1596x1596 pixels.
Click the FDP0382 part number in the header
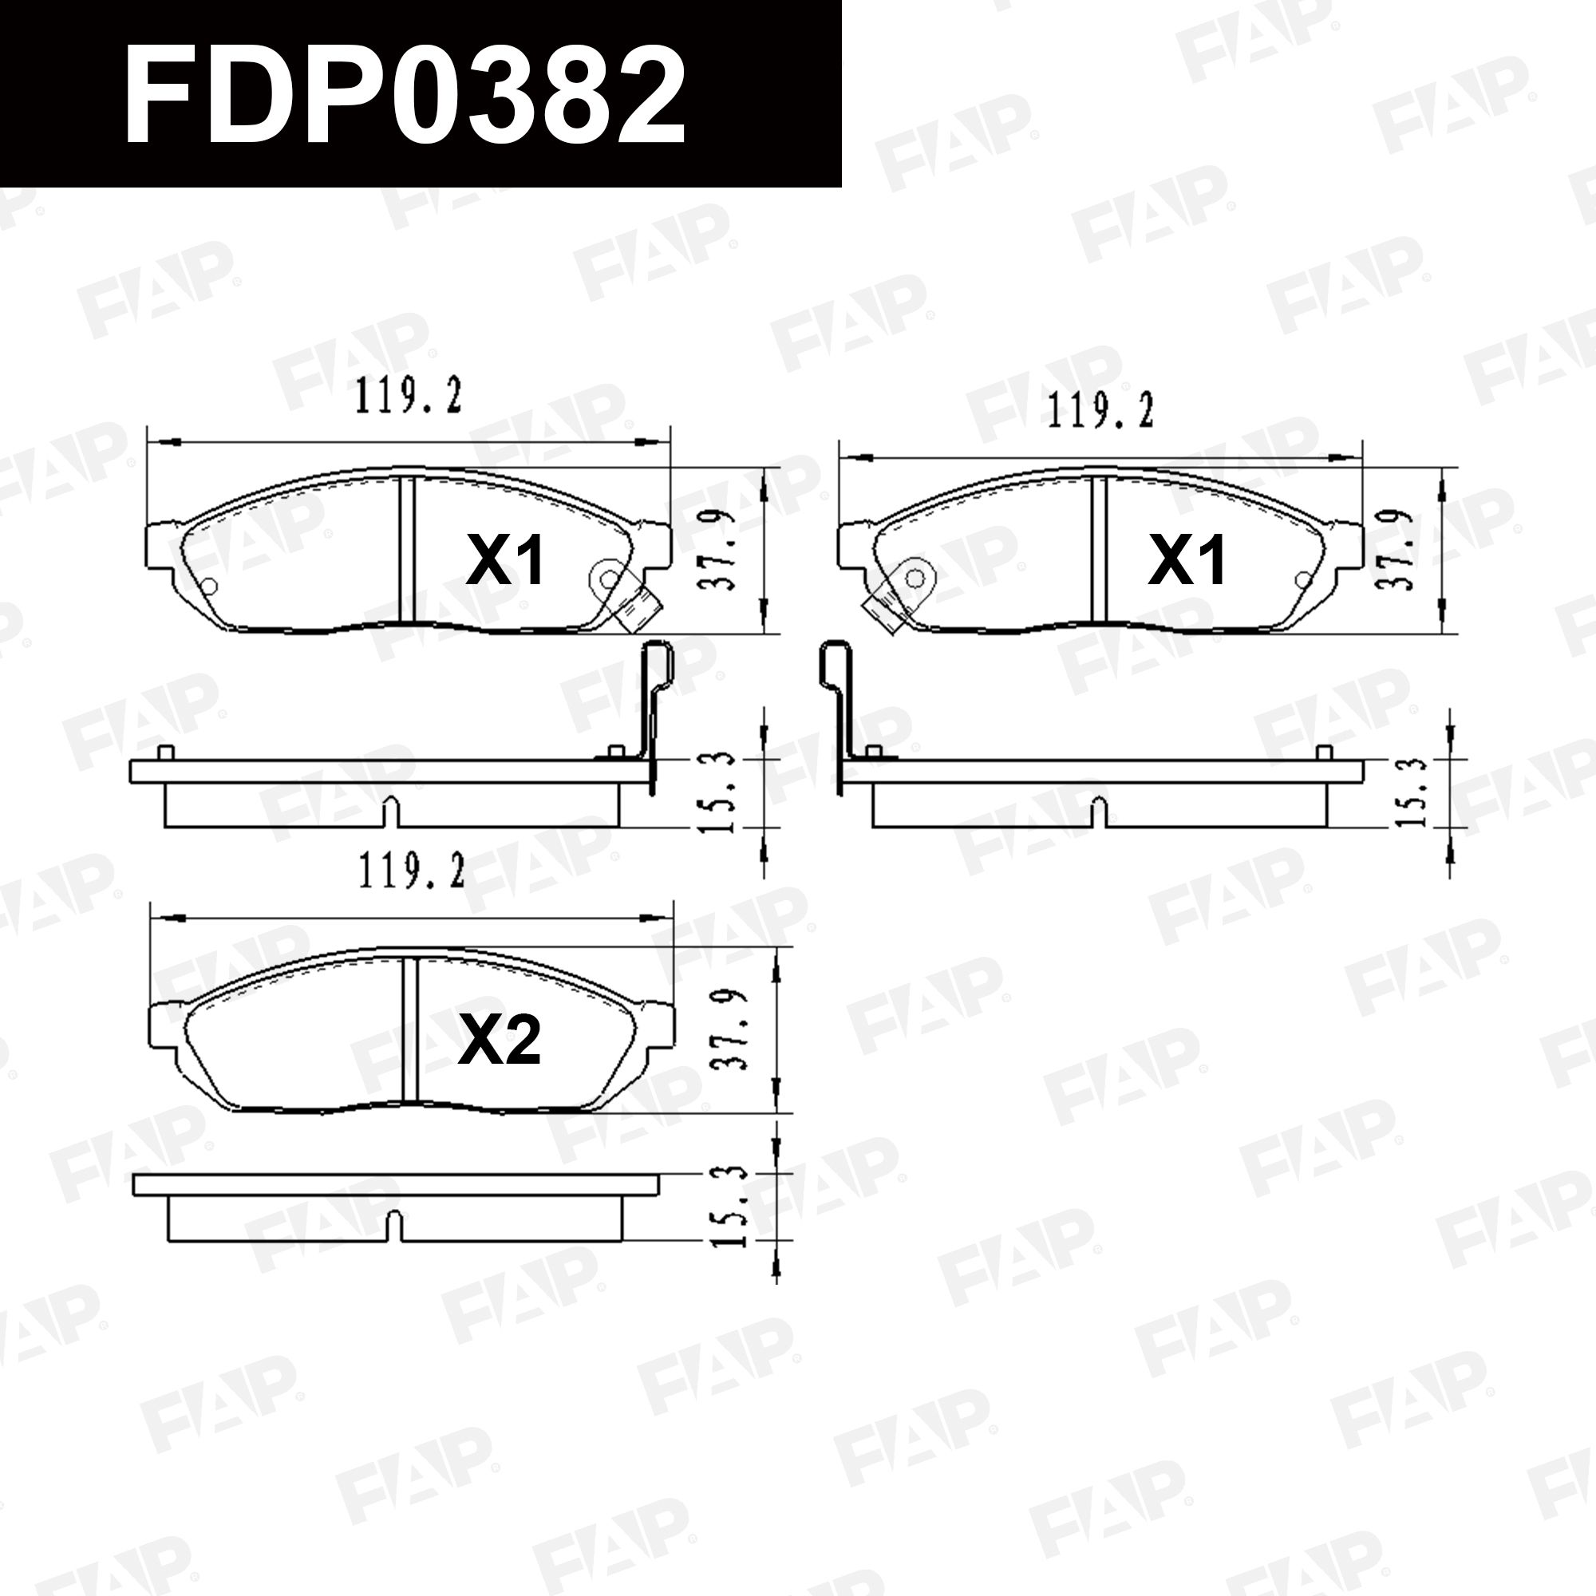click(x=404, y=93)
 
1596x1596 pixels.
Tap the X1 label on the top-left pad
click(x=505, y=560)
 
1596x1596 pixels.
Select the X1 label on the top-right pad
click(x=1187, y=560)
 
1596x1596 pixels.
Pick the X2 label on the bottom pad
click(x=499, y=1041)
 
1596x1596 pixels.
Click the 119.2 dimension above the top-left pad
click(x=408, y=396)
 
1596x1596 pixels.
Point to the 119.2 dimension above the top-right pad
click(x=1100, y=410)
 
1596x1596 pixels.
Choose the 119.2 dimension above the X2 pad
click(x=410, y=872)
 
